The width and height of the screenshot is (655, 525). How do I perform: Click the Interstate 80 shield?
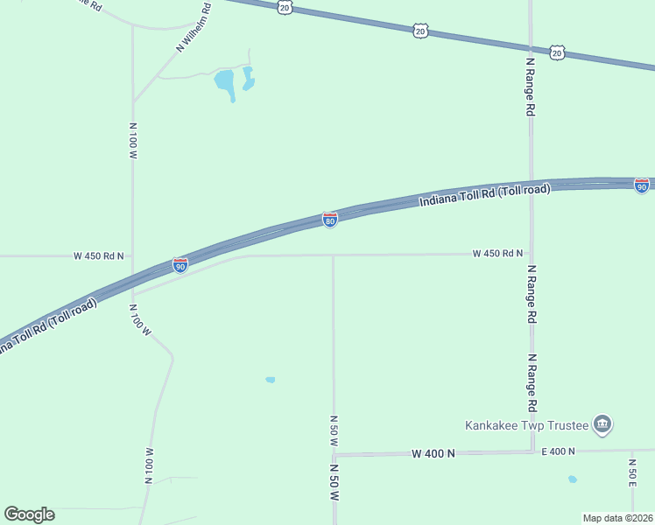(330, 220)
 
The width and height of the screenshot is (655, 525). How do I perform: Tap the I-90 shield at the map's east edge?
(642, 185)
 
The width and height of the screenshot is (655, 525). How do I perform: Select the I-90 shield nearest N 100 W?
(180, 264)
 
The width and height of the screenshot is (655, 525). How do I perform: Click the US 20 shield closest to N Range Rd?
(557, 52)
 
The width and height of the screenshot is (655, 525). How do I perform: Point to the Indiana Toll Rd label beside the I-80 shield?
(484, 195)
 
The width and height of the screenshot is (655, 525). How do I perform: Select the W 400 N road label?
(433, 453)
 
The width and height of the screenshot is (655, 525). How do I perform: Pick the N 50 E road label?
(631, 472)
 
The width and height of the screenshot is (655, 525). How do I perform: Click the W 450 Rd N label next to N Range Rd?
(497, 254)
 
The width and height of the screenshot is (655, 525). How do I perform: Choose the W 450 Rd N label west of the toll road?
(98, 256)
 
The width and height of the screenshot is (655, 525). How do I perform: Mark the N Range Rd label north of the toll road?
(530, 87)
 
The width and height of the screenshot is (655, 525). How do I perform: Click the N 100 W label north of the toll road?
(133, 141)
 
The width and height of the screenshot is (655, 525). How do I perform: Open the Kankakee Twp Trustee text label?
(525, 426)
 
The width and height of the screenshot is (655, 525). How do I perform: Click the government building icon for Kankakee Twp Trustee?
(602, 425)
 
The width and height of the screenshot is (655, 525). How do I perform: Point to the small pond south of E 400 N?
(572, 479)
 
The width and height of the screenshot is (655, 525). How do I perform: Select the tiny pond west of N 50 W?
(270, 380)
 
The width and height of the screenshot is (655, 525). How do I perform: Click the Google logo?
(29, 514)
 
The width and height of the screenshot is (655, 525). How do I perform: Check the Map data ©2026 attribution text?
(616, 518)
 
